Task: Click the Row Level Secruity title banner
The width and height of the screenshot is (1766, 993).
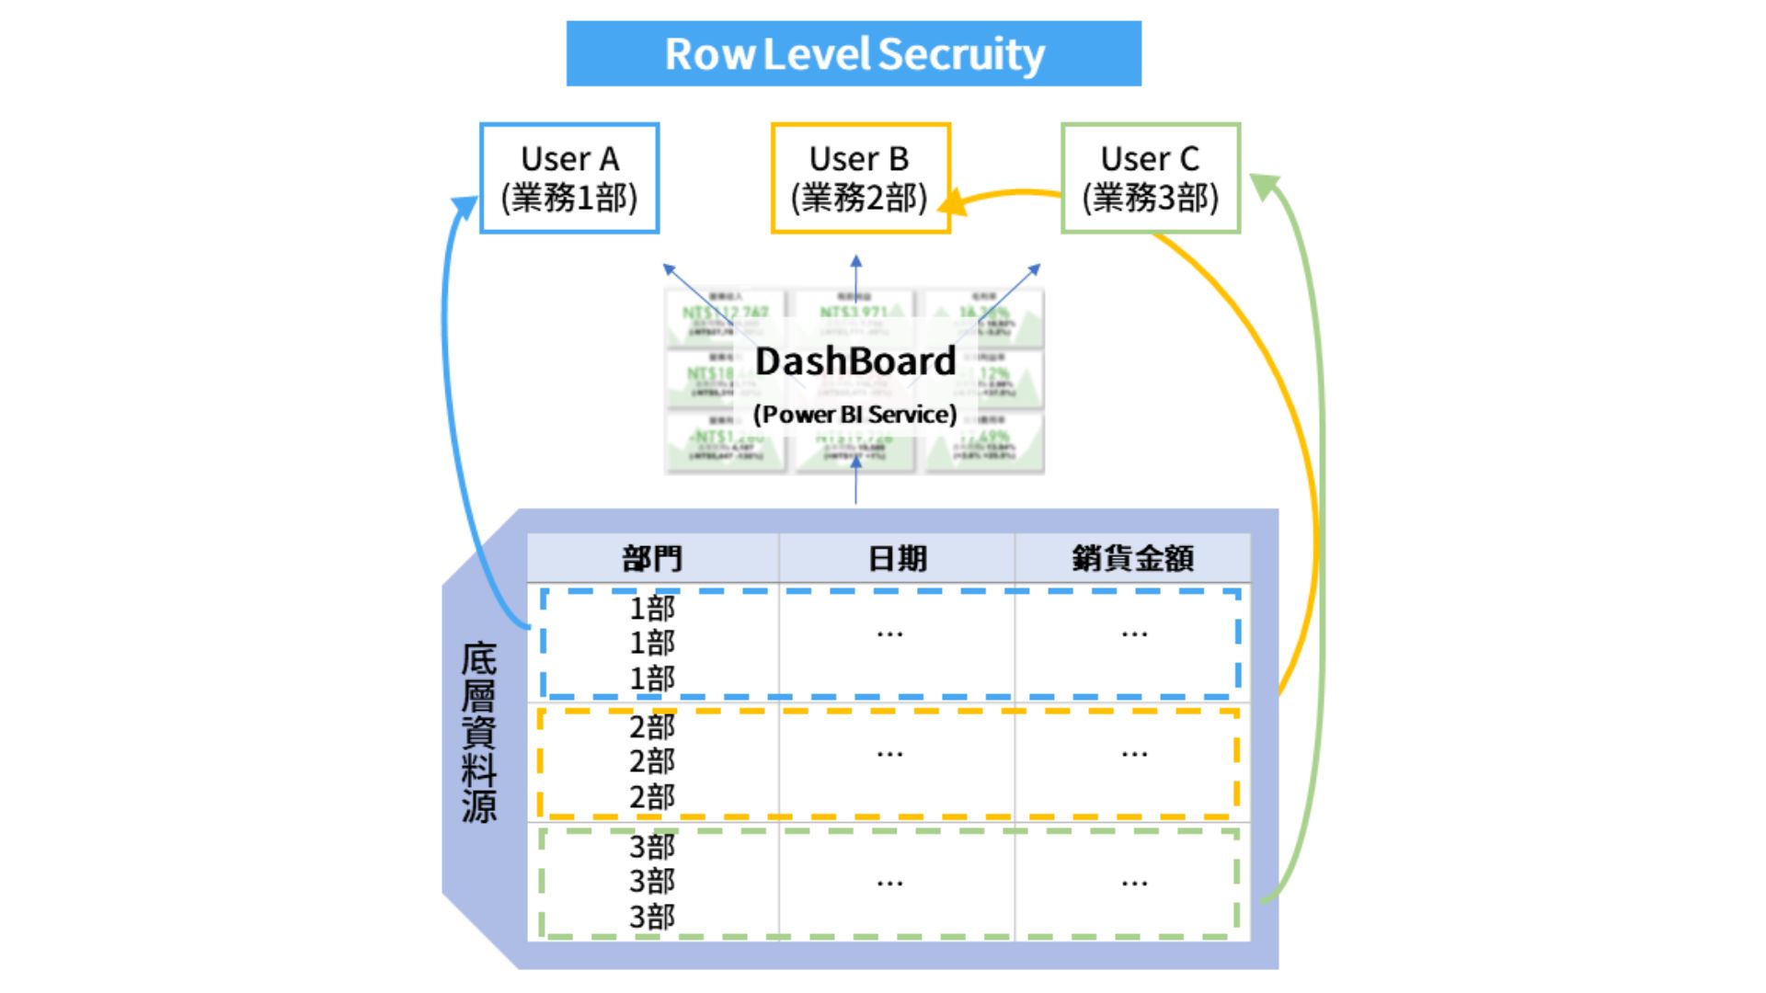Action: tap(854, 53)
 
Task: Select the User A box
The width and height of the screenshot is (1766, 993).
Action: tap(569, 177)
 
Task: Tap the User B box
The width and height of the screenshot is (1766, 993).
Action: tap(860, 177)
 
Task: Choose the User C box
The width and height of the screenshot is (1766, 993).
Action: tap(1150, 177)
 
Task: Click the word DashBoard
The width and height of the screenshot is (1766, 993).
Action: tap(855, 361)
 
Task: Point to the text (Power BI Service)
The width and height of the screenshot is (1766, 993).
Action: tap(855, 415)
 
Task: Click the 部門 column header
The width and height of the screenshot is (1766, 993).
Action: tap(652, 558)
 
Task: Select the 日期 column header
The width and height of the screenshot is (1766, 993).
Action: tap(897, 558)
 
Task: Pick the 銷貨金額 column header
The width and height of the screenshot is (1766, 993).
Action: tap(1132, 558)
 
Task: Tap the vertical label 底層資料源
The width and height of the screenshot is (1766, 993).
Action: tap(479, 733)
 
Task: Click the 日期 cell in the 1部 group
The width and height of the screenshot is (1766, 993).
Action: tap(889, 633)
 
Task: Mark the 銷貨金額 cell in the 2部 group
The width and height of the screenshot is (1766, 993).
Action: tap(1134, 754)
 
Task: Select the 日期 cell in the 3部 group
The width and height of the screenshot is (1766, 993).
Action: tap(889, 883)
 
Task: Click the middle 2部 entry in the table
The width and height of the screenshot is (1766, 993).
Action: tap(652, 761)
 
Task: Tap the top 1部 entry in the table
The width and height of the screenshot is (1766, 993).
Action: tap(652, 608)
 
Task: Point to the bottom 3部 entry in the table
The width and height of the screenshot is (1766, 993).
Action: tap(652, 917)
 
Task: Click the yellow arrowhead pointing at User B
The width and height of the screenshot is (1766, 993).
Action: tap(955, 201)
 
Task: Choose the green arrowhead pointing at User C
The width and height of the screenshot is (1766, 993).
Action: tap(1267, 187)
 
